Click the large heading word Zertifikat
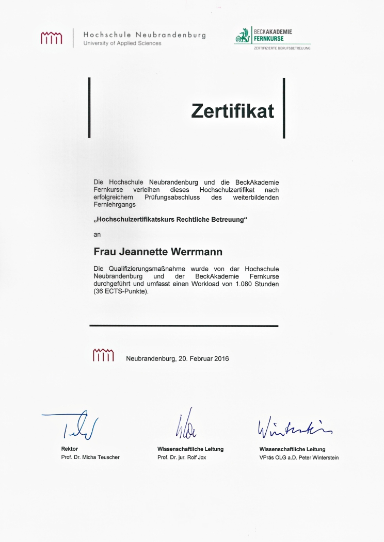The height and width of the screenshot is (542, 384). point(232,110)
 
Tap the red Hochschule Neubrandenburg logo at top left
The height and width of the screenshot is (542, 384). point(51,38)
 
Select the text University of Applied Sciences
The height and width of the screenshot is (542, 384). point(122,43)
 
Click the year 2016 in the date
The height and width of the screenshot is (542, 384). point(221,358)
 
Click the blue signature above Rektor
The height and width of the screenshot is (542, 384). point(73,424)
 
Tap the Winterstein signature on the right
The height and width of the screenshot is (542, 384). point(294,426)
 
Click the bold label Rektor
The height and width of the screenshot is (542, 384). point(70,449)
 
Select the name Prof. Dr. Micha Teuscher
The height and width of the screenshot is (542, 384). point(90,457)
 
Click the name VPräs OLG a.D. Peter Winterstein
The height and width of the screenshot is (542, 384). point(299,457)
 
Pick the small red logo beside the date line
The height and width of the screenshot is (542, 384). point(103,355)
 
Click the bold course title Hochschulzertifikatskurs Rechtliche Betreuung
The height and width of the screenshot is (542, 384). point(171,219)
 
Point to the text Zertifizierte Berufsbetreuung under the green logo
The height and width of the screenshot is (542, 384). point(282,48)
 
